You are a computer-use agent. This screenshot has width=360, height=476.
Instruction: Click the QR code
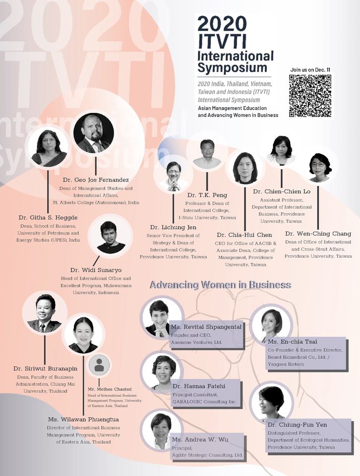tap(310, 96)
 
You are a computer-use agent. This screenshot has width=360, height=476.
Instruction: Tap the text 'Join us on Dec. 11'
tap(310, 69)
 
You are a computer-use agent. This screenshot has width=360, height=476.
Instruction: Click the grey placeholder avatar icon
tap(99, 365)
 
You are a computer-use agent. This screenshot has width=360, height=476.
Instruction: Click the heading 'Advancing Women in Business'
tap(220, 285)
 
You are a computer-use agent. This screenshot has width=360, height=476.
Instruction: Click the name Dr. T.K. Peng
tap(206, 195)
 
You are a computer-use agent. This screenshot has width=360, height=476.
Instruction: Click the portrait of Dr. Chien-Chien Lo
tap(281, 151)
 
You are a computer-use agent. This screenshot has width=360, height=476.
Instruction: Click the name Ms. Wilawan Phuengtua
tap(83, 419)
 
